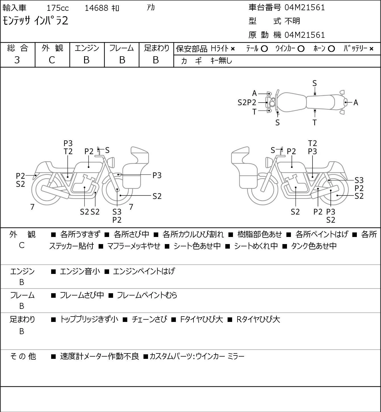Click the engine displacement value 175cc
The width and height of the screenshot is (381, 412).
click(x=58, y=8)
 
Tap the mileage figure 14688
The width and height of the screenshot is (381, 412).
click(x=97, y=8)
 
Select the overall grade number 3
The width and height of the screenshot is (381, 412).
click(x=17, y=60)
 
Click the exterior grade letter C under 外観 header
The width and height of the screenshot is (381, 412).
click(x=52, y=60)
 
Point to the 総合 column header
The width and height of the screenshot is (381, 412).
click(x=17, y=48)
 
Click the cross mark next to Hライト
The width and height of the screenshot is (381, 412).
click(x=233, y=49)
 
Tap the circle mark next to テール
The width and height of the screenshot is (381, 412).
click(x=264, y=49)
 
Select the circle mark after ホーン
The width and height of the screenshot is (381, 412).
click(x=331, y=49)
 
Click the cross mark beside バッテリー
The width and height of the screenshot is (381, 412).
click(x=371, y=49)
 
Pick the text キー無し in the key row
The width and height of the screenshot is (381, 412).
click(x=221, y=61)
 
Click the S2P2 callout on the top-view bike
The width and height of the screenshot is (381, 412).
click(x=247, y=103)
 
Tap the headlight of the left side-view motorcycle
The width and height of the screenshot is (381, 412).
click(x=111, y=163)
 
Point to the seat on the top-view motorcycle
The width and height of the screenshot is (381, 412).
click(x=320, y=102)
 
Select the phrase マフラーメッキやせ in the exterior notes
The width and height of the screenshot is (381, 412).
click(x=134, y=246)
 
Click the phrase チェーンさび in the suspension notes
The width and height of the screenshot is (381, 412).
click(x=149, y=319)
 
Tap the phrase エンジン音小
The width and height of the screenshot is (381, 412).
click(x=80, y=271)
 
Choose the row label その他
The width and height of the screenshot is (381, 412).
click(x=23, y=356)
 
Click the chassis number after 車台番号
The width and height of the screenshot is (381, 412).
click(x=305, y=8)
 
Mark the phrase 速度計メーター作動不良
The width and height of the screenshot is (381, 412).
click(x=100, y=356)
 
